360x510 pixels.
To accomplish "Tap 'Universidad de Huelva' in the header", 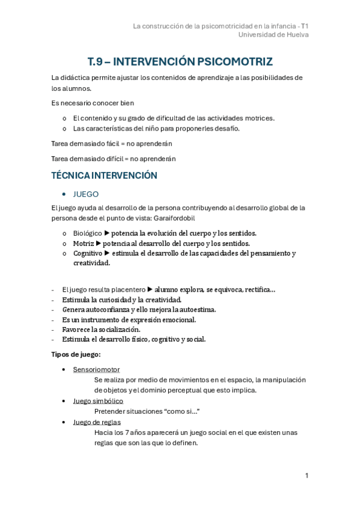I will [x=273, y=35].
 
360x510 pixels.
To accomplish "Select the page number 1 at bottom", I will [x=307, y=476].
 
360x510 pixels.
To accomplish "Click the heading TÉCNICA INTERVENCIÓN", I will [x=105, y=176].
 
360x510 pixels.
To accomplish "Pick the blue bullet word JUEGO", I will [x=85, y=194].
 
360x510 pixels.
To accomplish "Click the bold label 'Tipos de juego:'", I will [x=76, y=354].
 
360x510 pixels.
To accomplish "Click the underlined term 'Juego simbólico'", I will [x=98, y=401].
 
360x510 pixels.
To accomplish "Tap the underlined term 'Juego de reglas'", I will [x=97, y=422].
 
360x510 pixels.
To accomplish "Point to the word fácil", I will [x=113, y=144].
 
